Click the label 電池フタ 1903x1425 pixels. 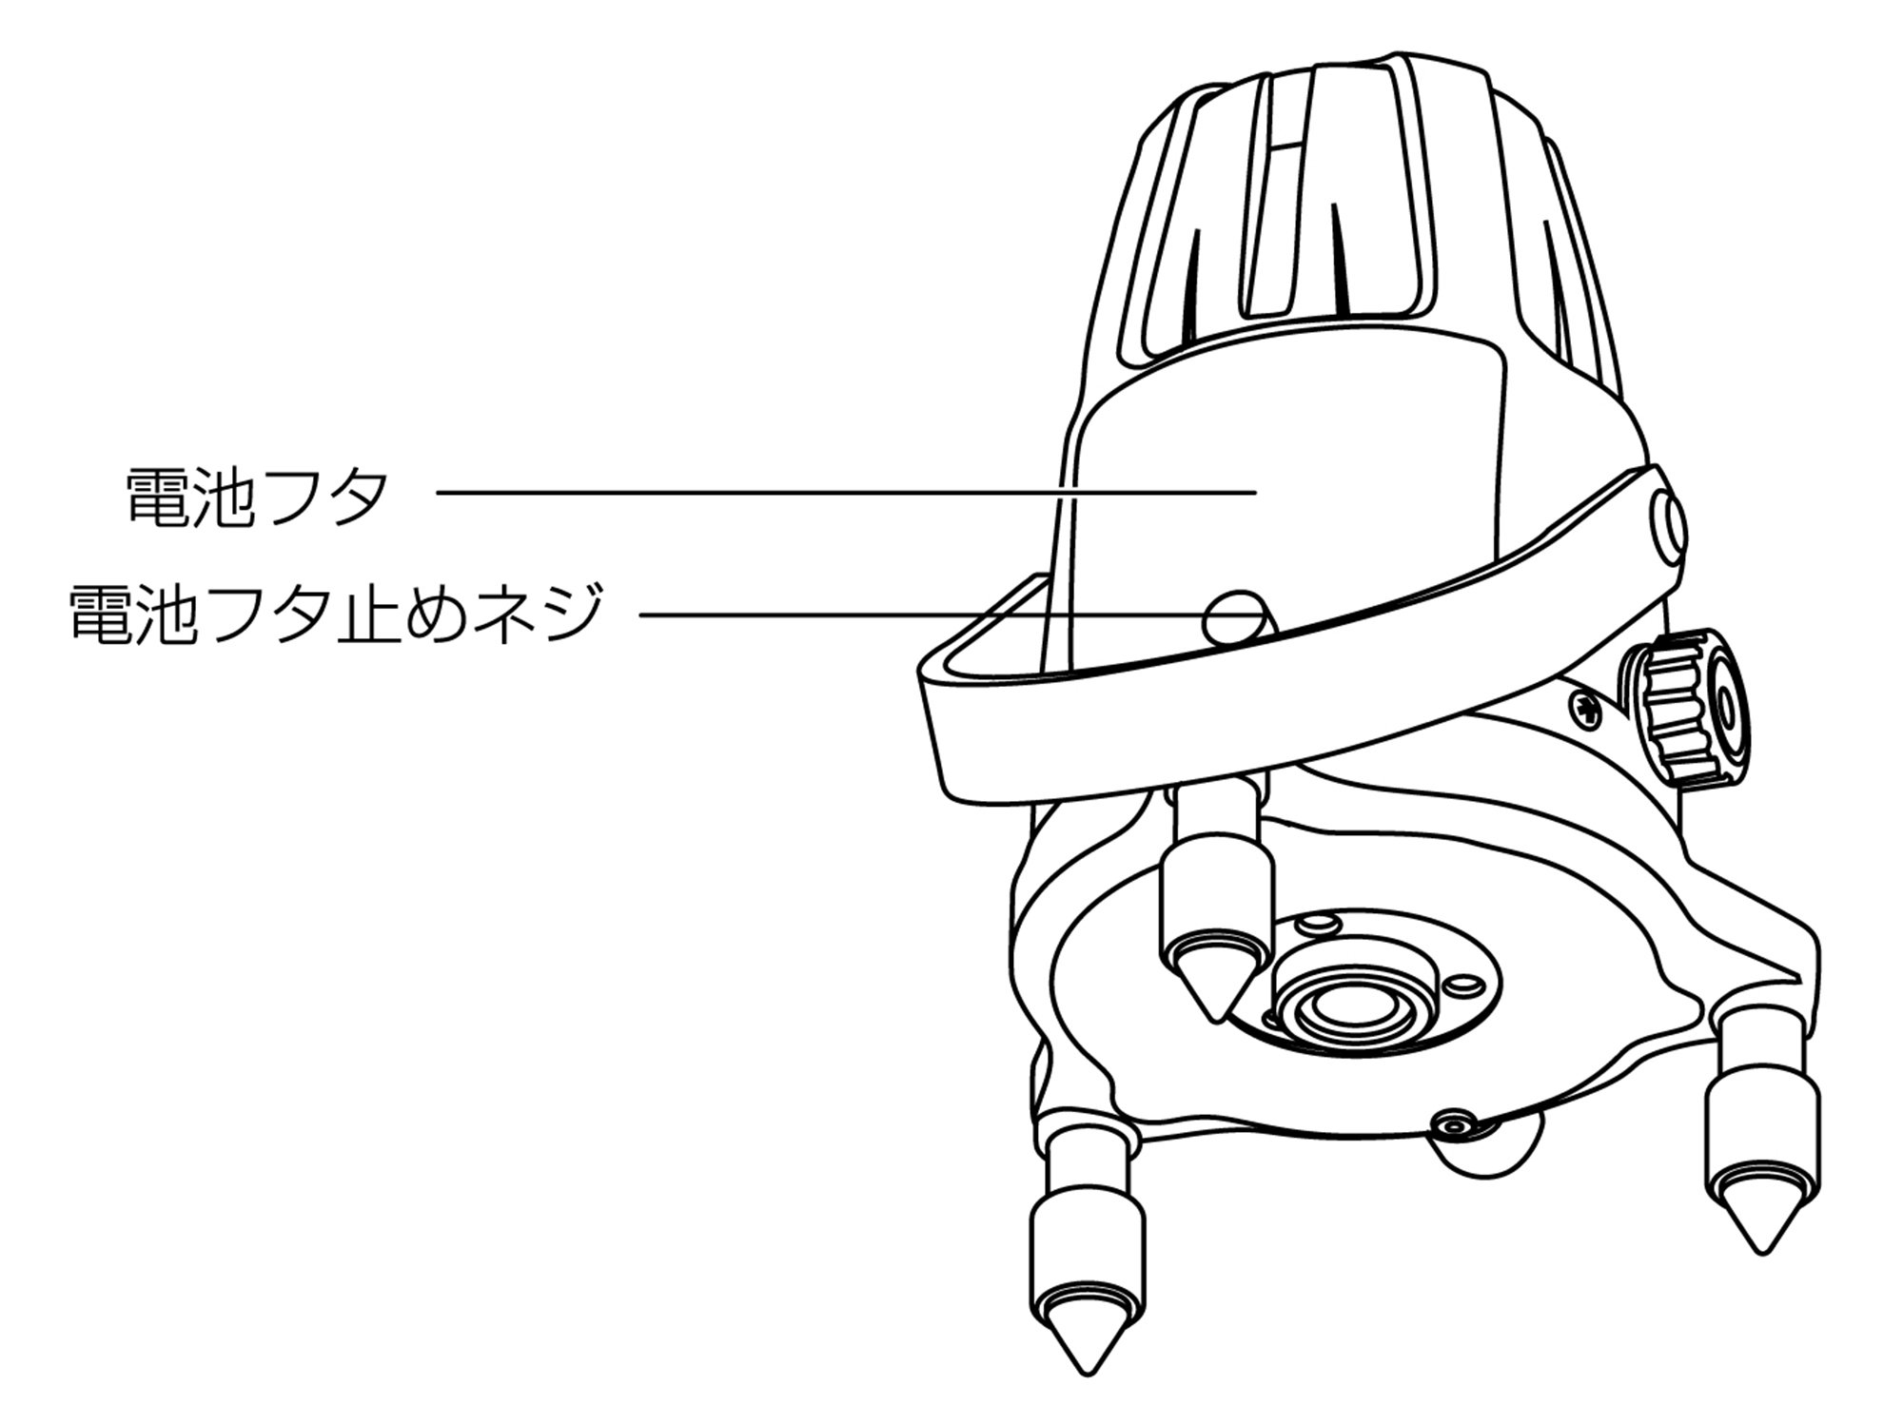tap(257, 497)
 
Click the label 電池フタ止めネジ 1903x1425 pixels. tap(337, 614)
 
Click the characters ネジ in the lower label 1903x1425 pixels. tap(544, 614)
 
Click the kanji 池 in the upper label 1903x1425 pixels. tap(224, 497)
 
